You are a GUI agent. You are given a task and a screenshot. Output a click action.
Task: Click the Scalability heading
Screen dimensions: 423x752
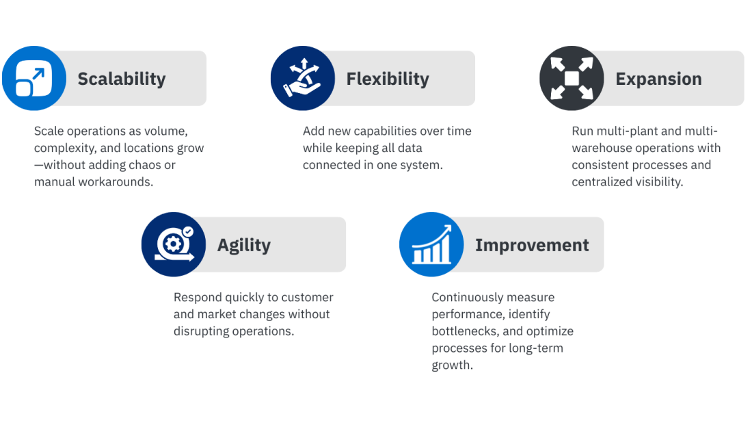122,79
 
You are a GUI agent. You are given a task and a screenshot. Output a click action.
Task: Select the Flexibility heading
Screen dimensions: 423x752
387,79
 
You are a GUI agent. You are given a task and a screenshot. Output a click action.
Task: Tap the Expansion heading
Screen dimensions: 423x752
658,79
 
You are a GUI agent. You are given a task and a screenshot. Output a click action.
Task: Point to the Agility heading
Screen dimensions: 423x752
244,245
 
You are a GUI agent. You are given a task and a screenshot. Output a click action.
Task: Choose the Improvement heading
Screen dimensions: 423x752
532,245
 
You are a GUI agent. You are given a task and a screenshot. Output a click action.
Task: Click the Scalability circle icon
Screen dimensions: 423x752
34,78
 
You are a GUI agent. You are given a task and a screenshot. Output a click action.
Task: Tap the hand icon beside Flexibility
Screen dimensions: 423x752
302,78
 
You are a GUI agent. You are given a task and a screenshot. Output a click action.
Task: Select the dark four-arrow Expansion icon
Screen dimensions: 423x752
572,78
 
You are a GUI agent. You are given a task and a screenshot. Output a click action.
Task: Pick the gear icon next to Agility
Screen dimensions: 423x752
174,244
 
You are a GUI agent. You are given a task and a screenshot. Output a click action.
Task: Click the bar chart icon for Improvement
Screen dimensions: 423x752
431,244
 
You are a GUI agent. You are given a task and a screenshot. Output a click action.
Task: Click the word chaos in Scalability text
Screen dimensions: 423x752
144,165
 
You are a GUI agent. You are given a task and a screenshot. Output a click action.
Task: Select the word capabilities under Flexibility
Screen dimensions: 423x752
384,131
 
